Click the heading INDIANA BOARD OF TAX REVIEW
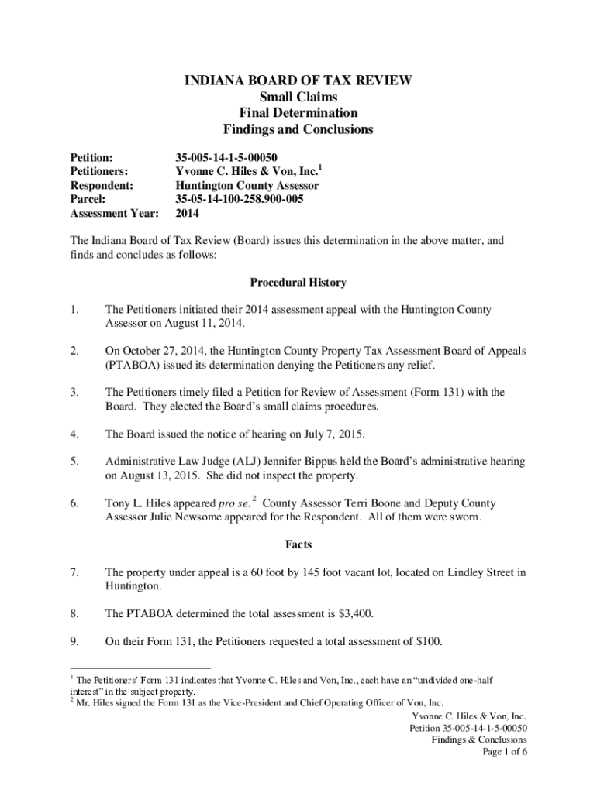coord(298,80)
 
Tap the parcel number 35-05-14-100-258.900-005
coord(240,199)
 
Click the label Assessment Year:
coord(114,213)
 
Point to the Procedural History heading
coord(298,283)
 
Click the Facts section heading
coord(298,545)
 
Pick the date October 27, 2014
coord(160,351)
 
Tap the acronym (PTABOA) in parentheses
coord(131,365)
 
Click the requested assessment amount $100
coord(429,642)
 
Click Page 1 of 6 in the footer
coord(505,752)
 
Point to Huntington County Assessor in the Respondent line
coord(247,186)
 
